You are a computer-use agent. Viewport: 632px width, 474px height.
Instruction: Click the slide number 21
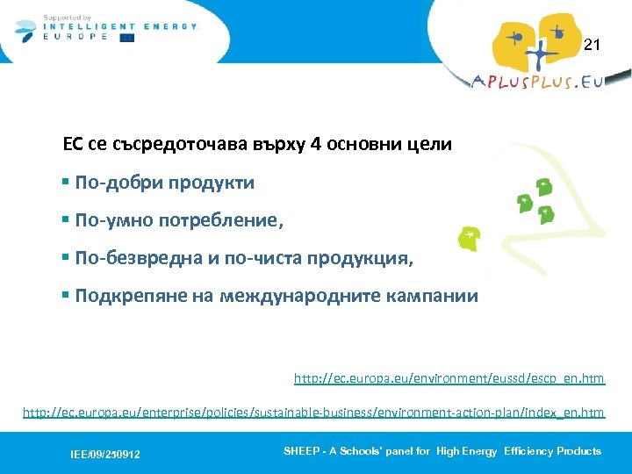point(592,45)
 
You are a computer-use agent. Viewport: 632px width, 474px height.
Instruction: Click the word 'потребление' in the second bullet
point(226,221)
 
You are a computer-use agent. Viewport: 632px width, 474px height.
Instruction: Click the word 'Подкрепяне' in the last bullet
point(123,296)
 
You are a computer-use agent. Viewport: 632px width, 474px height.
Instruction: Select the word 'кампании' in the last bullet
point(436,296)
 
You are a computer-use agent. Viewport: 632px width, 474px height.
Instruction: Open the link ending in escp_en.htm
point(449,378)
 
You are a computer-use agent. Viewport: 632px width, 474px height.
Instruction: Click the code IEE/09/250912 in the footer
point(105,454)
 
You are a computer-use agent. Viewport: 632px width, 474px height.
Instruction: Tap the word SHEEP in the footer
point(299,451)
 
